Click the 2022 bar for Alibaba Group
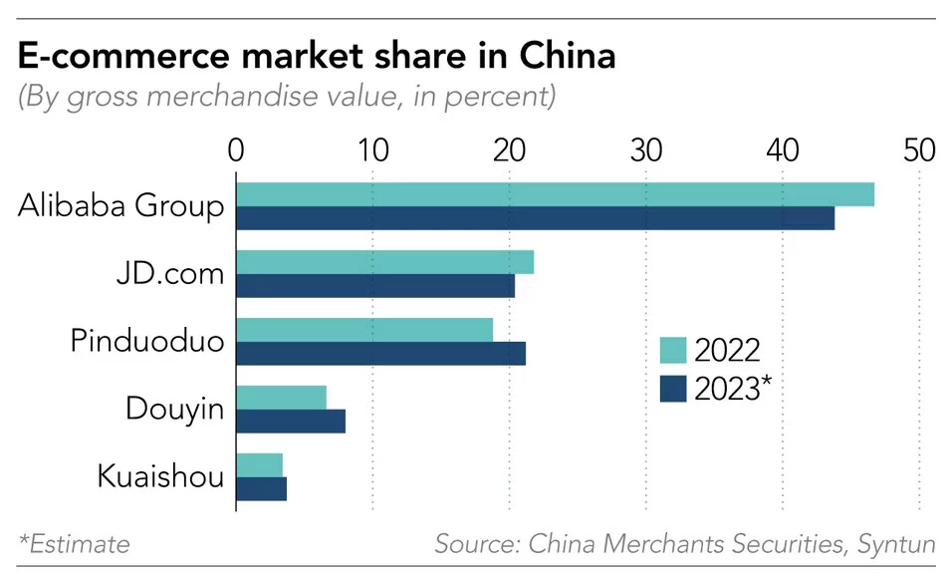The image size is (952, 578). (x=555, y=194)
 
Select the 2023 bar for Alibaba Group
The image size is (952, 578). (x=535, y=218)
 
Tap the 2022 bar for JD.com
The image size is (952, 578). (x=384, y=262)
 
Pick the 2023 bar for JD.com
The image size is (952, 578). (x=375, y=286)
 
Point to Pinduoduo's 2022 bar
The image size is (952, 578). (x=364, y=330)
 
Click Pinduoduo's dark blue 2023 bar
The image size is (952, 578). (x=380, y=354)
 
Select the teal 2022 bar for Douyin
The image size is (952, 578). (x=281, y=397)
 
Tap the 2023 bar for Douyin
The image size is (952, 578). (x=291, y=421)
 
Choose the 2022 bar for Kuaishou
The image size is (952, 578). (x=259, y=464)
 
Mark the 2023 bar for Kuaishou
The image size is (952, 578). (x=261, y=488)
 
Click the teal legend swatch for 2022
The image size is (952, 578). (x=673, y=351)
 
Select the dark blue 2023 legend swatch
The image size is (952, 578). (x=673, y=387)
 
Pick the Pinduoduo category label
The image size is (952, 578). (x=147, y=342)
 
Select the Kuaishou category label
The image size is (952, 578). (x=160, y=476)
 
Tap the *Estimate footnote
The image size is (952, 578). (x=74, y=544)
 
